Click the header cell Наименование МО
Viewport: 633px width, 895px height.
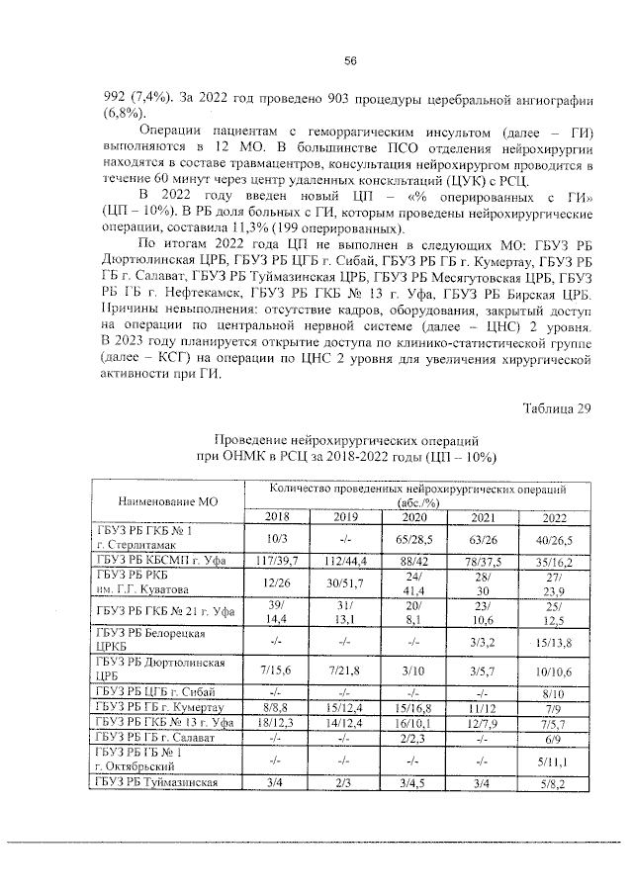[x=167, y=502]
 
